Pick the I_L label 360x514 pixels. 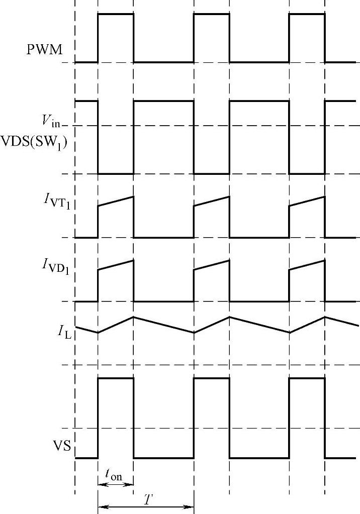click(64, 332)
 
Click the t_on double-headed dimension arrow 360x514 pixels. click(116, 484)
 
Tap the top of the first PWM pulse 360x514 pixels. click(116, 14)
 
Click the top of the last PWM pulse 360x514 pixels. click(307, 14)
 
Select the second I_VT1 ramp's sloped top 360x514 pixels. click(212, 200)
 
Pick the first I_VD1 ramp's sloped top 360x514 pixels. click(116, 265)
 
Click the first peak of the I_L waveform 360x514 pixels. click(133, 317)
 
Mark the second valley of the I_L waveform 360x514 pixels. click(194, 332)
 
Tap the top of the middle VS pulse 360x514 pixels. click(212, 378)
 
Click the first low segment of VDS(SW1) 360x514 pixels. click(116, 173)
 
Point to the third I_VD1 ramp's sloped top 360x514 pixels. click(307, 265)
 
